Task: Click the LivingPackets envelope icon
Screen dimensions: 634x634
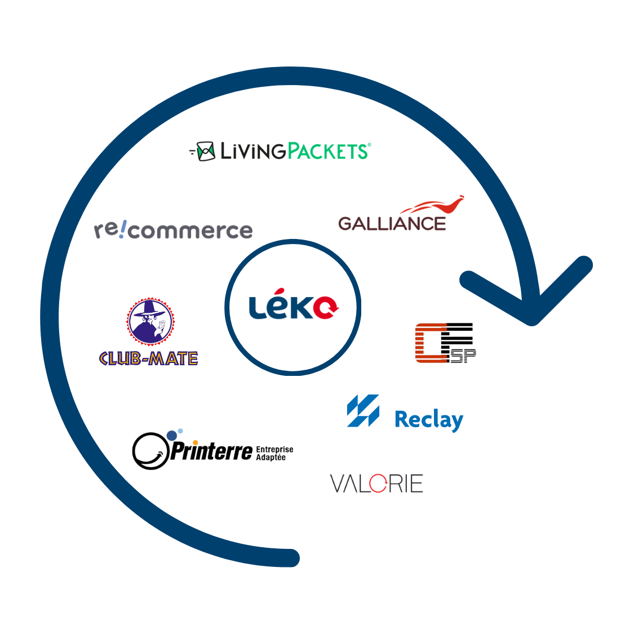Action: (205, 151)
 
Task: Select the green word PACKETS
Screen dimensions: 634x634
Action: (327, 151)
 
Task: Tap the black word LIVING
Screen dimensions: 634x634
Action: (253, 151)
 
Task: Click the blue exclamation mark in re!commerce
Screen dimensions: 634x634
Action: (123, 228)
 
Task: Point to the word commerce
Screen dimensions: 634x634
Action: (190, 231)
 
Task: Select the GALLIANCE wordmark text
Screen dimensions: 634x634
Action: (392, 224)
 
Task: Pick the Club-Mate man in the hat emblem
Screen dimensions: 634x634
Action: (150, 322)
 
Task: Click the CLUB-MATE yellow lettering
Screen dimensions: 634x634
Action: (148, 358)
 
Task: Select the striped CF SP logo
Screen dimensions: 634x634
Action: (445, 343)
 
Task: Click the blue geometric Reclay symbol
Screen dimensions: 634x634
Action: (363, 410)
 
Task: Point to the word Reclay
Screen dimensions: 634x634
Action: (429, 420)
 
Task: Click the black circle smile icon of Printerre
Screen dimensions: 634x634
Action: (150, 451)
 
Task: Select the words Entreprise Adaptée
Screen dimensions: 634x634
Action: (274, 453)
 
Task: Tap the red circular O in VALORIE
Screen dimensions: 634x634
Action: (378, 484)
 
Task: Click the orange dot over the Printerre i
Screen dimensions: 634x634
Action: (196, 442)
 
